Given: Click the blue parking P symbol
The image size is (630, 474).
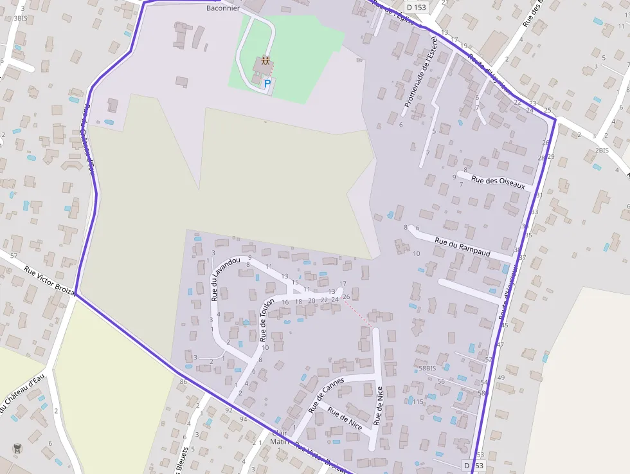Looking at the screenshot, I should pos(267,83).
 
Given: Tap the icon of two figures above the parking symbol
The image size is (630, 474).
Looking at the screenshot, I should pos(265,62).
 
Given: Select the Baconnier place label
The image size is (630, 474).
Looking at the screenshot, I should pos(223,8).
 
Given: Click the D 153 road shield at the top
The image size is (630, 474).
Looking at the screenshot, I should pos(416,7).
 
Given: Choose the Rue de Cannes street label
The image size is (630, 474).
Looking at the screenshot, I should pos(326,394).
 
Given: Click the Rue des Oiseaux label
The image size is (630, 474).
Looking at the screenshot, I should pos(498,183).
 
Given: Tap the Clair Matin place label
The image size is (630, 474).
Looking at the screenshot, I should pos(280,437).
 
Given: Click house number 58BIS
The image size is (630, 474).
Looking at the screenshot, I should pos(428,368).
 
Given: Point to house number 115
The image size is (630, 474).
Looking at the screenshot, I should pos(418,402).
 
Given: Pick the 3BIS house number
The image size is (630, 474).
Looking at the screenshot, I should pos(20,19).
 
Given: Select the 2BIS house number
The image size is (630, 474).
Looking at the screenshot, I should pos(602,150).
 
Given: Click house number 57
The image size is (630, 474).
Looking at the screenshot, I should pos(14,238).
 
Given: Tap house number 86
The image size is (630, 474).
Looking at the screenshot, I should pos(183,382).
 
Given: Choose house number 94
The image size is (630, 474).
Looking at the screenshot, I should pos(243,419).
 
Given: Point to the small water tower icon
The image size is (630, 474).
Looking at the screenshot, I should pos(16,448).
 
